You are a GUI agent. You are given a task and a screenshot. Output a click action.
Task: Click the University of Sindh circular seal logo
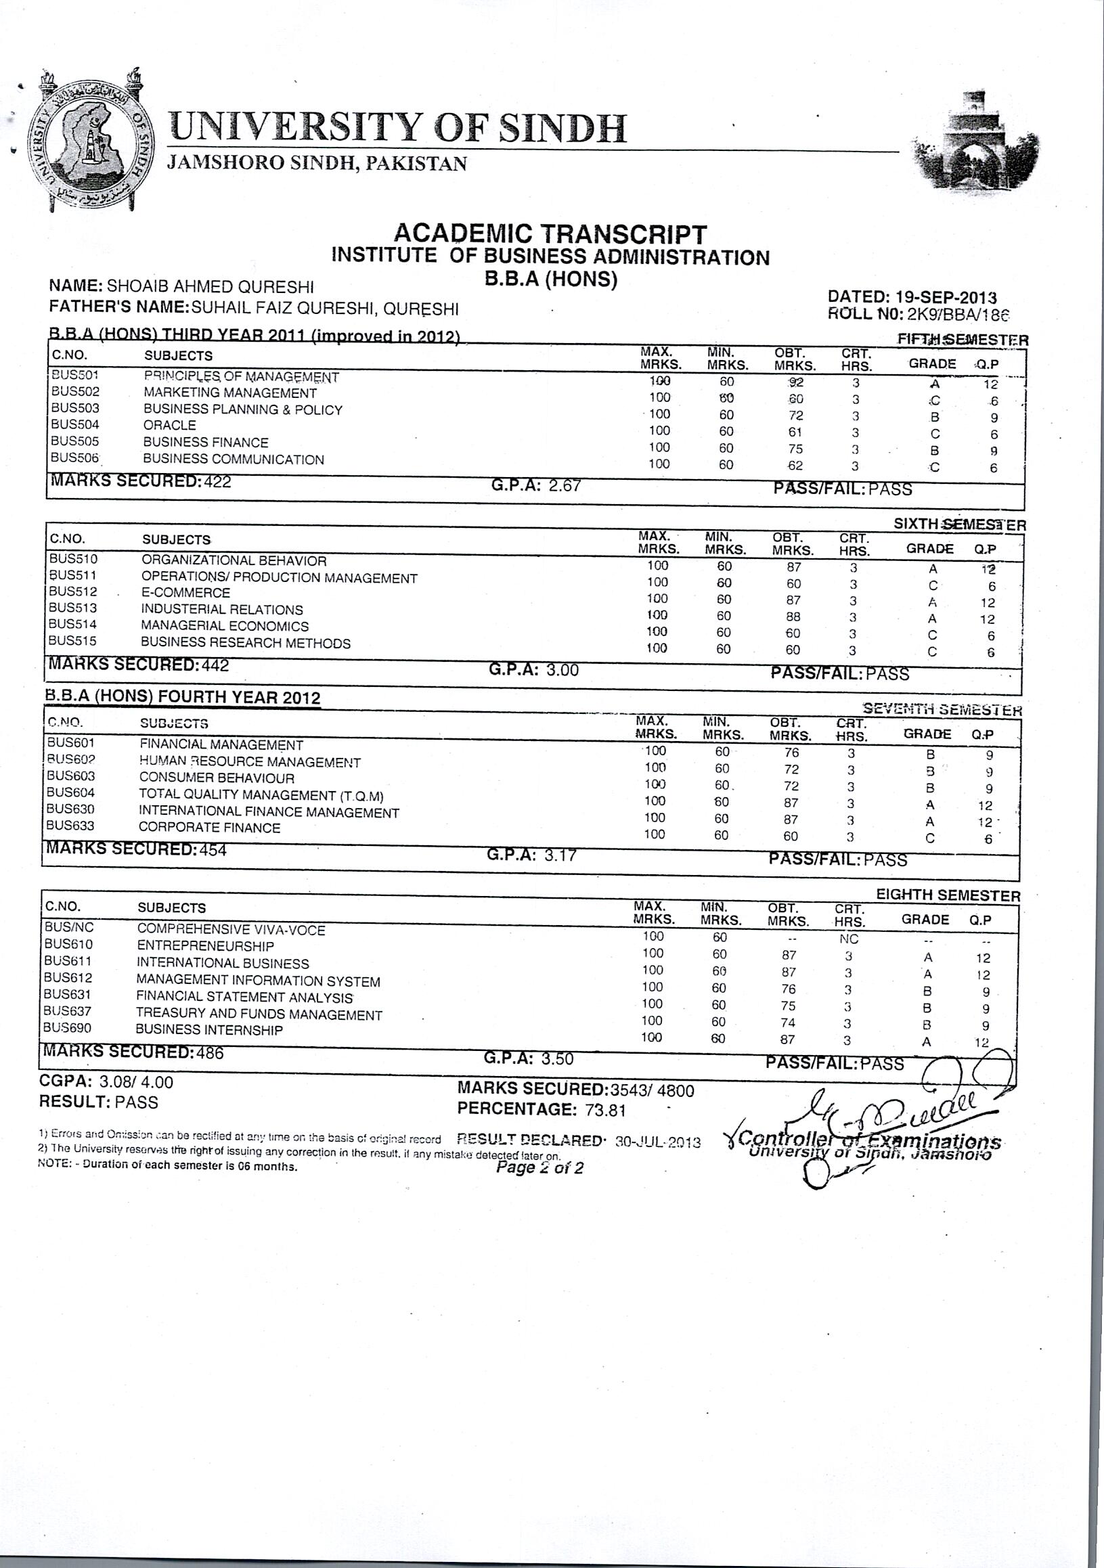point(90,142)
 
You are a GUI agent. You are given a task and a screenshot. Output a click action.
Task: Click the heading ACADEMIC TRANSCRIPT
point(550,234)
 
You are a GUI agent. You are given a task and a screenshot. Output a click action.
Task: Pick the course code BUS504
point(74,425)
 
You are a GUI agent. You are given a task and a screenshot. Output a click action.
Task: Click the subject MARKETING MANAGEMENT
point(229,393)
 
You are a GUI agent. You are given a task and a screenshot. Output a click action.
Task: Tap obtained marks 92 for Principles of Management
point(795,382)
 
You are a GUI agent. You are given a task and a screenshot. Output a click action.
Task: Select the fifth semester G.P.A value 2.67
point(565,486)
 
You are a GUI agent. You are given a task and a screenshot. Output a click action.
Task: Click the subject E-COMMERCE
point(185,593)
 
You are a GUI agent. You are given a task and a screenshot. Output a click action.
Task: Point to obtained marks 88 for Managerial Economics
point(793,616)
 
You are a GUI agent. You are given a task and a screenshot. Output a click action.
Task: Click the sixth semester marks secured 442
point(215,665)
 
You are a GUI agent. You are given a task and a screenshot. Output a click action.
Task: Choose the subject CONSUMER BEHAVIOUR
point(217,778)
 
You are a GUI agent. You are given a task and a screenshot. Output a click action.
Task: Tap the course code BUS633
point(70,826)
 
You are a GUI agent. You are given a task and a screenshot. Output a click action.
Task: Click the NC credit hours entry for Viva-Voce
point(849,939)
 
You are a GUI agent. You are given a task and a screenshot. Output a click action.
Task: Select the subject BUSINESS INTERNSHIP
point(208,1030)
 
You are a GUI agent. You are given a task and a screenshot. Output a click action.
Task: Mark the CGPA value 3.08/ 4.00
point(136,1081)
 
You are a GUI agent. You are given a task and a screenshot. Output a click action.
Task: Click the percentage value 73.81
point(605,1110)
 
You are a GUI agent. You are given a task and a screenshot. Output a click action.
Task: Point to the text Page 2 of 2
point(539,1167)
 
